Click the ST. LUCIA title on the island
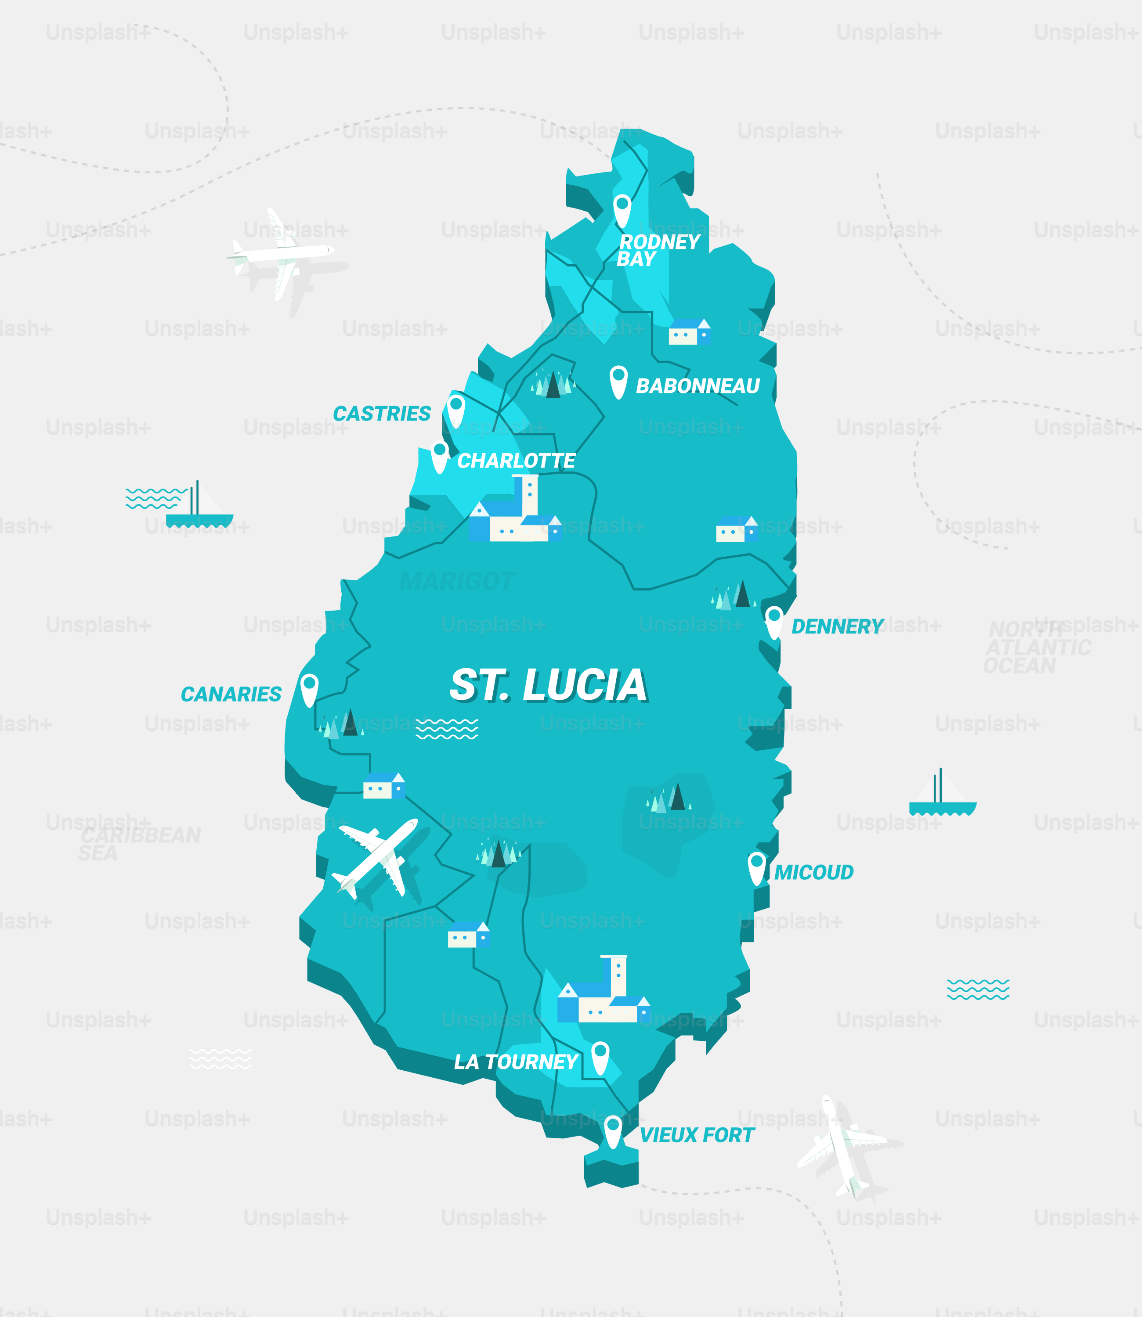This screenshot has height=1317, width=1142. pos(548,685)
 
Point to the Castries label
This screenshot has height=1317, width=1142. pos(382,414)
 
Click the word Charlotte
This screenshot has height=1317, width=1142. pos(516,461)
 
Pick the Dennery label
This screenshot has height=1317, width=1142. pos(837,626)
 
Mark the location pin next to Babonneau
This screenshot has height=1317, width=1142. pos(618,381)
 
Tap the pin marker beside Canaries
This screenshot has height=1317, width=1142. pos(309,690)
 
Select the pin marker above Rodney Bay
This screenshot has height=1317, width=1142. pos(622,210)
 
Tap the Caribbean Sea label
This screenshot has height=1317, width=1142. pos(140,844)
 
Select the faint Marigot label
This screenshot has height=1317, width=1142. pos(456,581)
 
